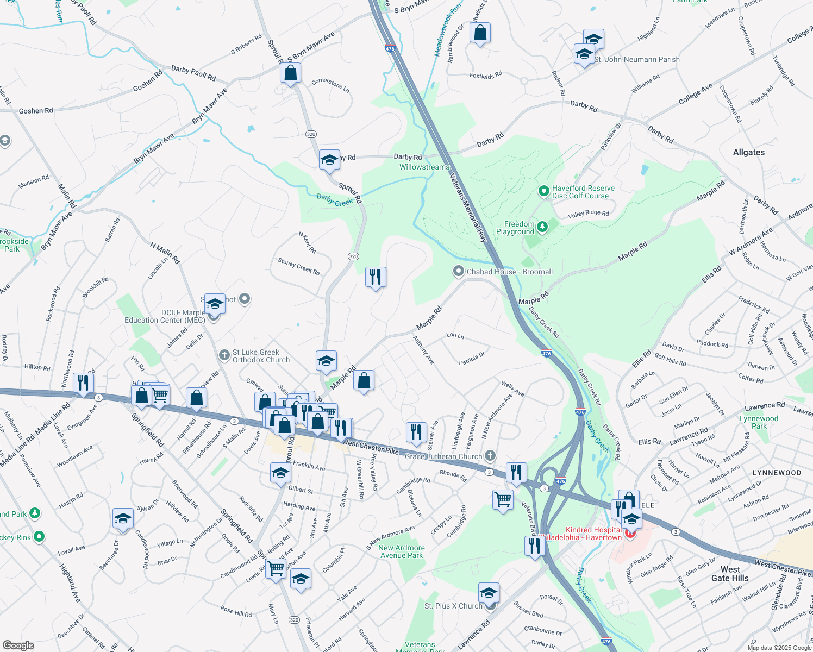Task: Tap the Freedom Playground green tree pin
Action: pyautogui.click(x=542, y=226)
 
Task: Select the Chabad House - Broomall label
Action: pyautogui.click(x=509, y=272)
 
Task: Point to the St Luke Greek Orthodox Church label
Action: pyautogui.click(x=261, y=356)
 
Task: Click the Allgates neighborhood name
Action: pyautogui.click(x=748, y=152)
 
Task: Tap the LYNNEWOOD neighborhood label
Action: pyautogui.click(x=777, y=473)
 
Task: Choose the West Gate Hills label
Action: pyautogui.click(x=730, y=574)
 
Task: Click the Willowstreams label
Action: pyautogui.click(x=424, y=167)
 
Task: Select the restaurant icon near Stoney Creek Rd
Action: pyautogui.click(x=376, y=277)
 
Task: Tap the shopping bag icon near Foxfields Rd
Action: pyautogui.click(x=480, y=33)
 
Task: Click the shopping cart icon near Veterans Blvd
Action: pyautogui.click(x=503, y=499)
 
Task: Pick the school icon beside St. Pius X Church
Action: pyautogui.click(x=489, y=593)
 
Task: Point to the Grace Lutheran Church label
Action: pyautogui.click(x=443, y=456)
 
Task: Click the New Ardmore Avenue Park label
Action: pyautogui.click(x=401, y=551)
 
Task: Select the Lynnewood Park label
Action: pyautogui.click(x=759, y=422)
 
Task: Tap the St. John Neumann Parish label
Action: pyautogui.click(x=637, y=59)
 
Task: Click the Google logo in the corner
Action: pyautogui.click(x=18, y=645)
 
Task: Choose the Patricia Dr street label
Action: pyautogui.click(x=472, y=359)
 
